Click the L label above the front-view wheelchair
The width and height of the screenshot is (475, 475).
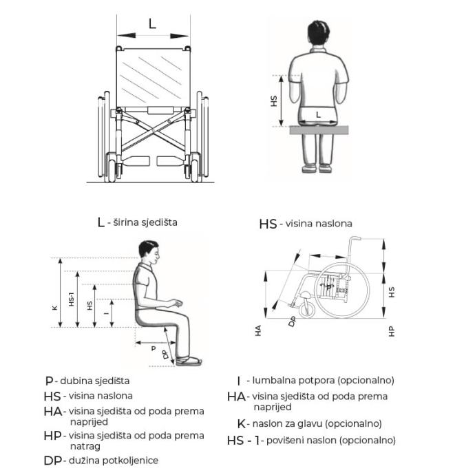152,23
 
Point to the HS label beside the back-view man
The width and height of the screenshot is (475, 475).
274,100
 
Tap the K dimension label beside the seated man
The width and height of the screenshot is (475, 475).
55,307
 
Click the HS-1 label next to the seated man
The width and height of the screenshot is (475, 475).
72,298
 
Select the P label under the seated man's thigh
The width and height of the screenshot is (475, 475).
153,348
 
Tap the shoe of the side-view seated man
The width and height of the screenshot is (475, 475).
188,360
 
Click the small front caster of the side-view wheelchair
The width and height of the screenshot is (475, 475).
308,310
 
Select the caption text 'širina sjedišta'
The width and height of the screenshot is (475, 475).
141,222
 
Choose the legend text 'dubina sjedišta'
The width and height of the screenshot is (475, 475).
94,380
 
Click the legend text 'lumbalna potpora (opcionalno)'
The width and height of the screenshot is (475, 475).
323,380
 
